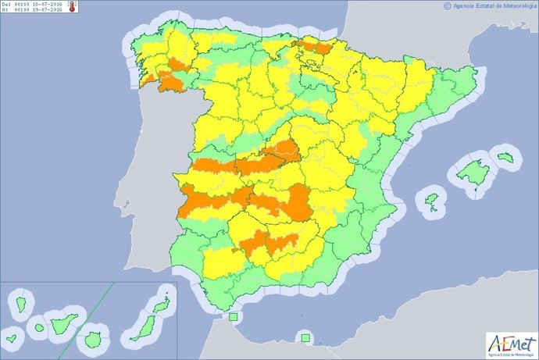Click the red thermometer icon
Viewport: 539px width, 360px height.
[x=73, y=6]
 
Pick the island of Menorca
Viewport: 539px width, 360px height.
[x=509, y=157]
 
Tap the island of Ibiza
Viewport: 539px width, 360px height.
[x=431, y=202]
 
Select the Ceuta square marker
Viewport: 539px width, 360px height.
[x=232, y=317]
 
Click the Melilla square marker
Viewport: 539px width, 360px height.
[x=305, y=338]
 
